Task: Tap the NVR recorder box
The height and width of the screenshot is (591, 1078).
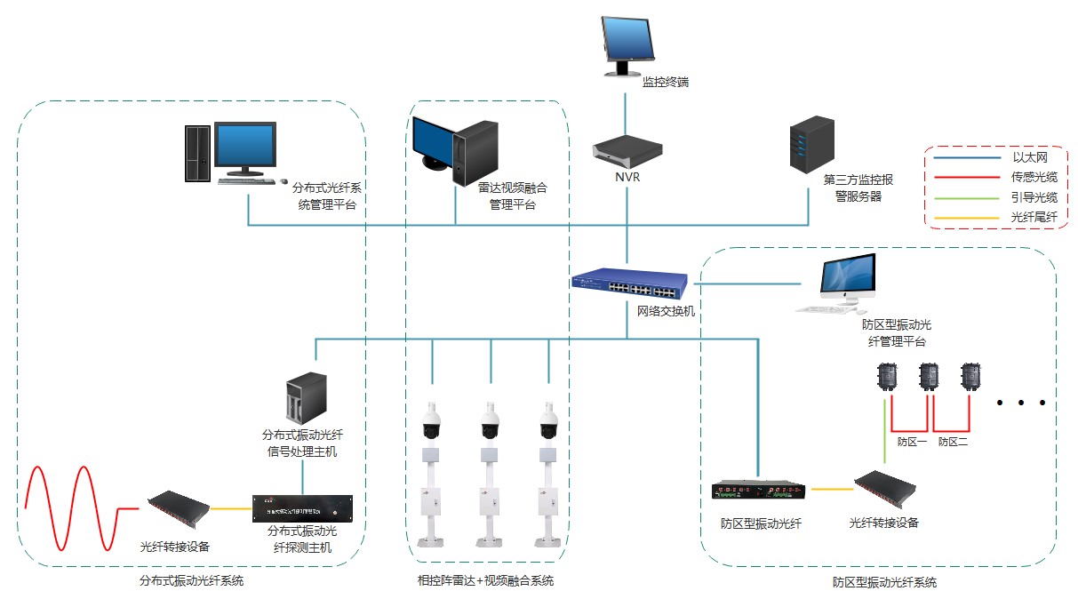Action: [627, 151]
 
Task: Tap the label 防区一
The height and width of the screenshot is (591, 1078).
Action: [912, 441]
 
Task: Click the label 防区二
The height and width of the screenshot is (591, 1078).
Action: [953, 441]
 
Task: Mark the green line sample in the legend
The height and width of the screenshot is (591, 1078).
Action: [965, 197]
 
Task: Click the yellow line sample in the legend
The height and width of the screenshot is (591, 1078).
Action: [965, 216]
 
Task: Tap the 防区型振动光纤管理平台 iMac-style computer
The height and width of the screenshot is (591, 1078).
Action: [844, 283]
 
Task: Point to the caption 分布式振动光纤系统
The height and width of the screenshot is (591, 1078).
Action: [191, 580]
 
